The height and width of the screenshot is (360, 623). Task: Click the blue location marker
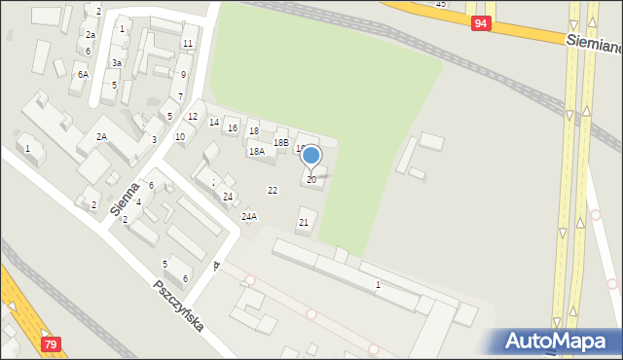tap(311, 155)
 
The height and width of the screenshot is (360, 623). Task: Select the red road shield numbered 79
tap(51, 344)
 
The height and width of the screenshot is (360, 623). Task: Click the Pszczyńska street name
tap(179, 306)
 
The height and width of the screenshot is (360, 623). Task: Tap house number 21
tap(304, 223)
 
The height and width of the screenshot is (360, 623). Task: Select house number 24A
tap(249, 216)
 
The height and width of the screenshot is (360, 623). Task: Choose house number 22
tap(273, 190)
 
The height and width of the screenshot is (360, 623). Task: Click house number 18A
tap(257, 152)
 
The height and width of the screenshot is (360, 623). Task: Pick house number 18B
tap(281, 143)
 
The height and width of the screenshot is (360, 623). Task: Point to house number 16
tap(233, 127)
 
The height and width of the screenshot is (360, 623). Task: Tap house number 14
tap(214, 122)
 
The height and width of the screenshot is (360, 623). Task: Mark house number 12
tap(193, 117)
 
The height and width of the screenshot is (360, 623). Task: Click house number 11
tap(187, 44)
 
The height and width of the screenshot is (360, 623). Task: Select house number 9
tap(183, 74)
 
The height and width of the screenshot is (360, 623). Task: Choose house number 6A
tap(84, 74)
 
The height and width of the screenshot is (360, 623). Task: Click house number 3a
tap(116, 63)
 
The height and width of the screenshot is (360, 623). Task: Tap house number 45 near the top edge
tap(441, 5)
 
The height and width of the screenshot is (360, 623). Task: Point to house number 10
tap(180, 136)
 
